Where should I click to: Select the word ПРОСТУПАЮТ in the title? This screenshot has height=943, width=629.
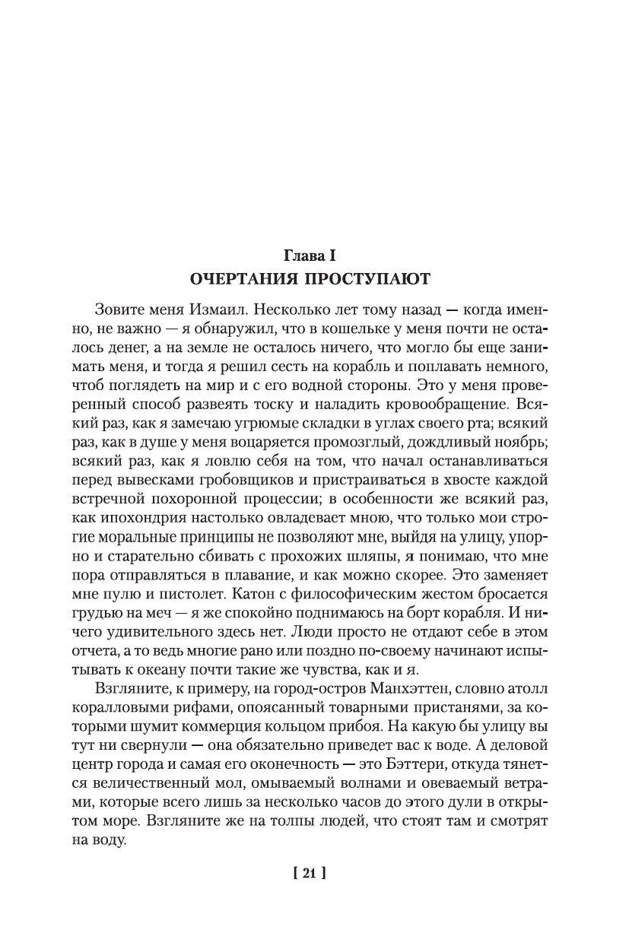(x=373, y=279)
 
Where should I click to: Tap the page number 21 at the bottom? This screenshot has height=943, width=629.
(x=309, y=875)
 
